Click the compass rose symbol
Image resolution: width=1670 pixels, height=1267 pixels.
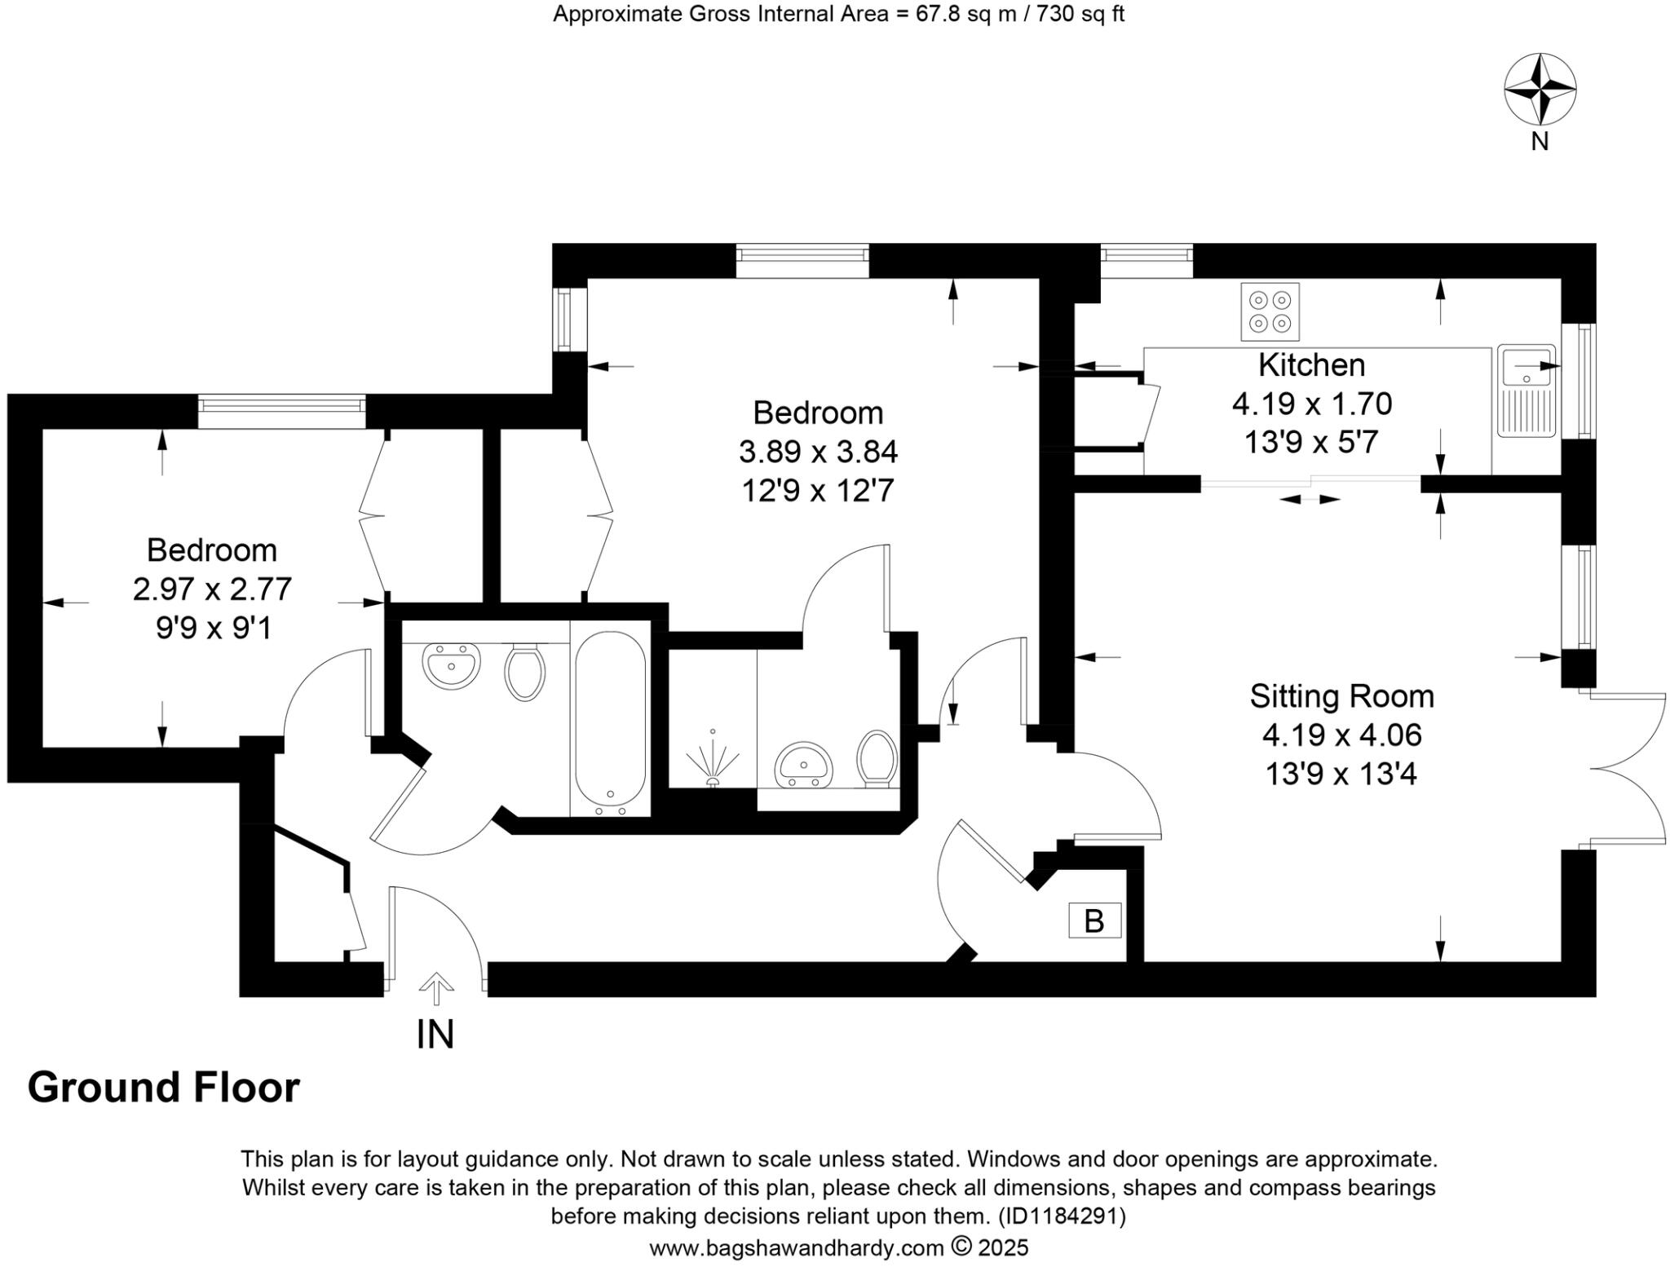1540,90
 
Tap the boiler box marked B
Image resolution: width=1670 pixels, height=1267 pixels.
1094,921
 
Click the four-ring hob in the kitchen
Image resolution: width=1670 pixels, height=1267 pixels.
1270,311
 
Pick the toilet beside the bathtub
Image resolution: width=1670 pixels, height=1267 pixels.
524,672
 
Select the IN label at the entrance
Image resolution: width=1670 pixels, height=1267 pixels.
435,1035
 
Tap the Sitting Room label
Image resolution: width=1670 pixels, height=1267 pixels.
1341,696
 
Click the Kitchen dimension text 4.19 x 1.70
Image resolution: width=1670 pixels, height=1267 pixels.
1311,404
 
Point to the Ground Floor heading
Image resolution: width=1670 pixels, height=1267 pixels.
164,1088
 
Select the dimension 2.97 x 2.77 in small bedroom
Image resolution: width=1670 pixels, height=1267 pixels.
212,589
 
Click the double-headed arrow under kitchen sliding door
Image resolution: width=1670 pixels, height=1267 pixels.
1310,499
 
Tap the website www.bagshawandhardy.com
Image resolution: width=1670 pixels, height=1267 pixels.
796,1247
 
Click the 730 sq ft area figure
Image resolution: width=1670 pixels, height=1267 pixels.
1080,14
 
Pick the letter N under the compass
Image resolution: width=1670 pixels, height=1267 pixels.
1540,142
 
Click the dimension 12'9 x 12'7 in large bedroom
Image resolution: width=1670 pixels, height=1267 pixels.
818,491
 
